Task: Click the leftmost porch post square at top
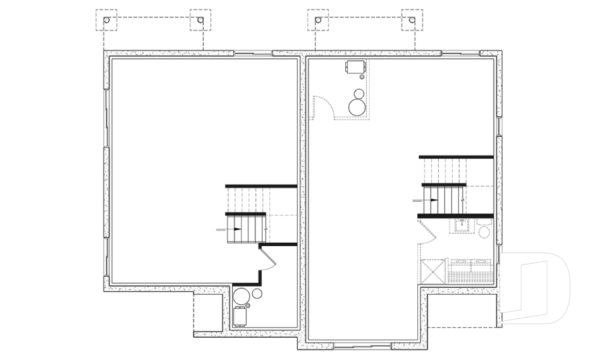(x=106, y=20)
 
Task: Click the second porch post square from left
(x=200, y=20)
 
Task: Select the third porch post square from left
(x=318, y=20)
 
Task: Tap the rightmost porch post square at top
(x=412, y=20)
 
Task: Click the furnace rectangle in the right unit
(x=355, y=66)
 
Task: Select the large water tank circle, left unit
(x=241, y=296)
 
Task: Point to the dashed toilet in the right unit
(x=484, y=230)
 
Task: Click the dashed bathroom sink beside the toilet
(x=462, y=225)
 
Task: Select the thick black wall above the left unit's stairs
(x=261, y=186)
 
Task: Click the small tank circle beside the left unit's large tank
(x=257, y=294)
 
